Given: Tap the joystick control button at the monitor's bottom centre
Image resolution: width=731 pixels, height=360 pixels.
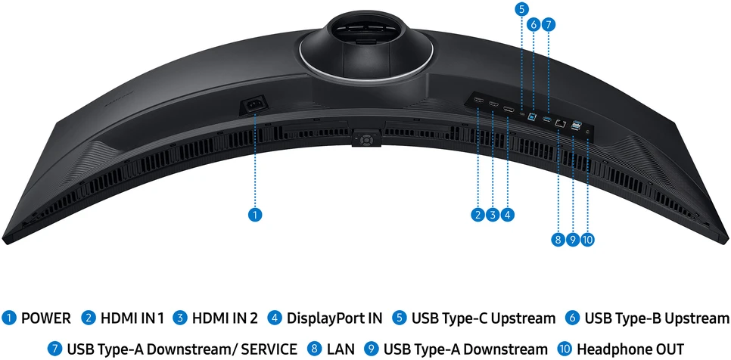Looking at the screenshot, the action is [366, 139].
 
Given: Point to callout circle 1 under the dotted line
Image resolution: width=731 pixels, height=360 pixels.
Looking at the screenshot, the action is [254, 215].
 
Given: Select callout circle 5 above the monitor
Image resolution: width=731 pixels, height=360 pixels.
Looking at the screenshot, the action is [521, 8].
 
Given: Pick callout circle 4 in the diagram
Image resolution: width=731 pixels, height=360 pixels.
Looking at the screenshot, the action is [508, 215].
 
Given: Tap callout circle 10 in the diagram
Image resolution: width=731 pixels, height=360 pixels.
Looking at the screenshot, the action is [588, 240].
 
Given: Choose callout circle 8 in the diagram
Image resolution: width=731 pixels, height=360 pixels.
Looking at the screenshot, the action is [558, 240].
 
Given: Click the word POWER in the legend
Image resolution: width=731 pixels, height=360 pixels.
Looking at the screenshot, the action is [46, 318].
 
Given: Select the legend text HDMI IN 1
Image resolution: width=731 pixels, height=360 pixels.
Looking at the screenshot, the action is [132, 318].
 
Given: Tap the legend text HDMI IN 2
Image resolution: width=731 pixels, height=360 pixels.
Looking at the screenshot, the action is [225, 318].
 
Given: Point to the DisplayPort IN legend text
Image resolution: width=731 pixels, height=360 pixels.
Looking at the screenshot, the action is [334, 318].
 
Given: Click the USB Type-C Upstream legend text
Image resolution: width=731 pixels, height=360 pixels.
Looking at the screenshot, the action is [484, 318].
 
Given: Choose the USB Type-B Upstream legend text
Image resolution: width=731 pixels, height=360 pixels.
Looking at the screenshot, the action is [656, 318].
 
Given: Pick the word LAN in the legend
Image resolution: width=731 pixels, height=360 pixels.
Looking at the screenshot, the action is [341, 349].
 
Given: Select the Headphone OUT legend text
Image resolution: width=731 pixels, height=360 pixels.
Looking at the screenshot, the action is [630, 349].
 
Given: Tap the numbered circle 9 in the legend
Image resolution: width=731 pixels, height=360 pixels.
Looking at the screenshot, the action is [372, 349].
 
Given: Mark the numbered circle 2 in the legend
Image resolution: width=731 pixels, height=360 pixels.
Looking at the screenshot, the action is [88, 318].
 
